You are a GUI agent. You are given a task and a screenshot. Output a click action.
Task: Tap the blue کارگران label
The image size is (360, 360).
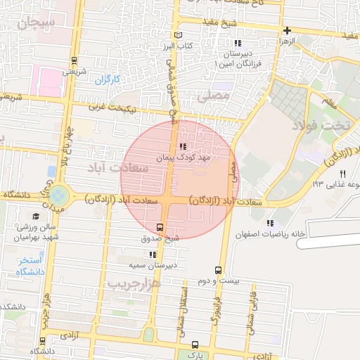tap(109, 79)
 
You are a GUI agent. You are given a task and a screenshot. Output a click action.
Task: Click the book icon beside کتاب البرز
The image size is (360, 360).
tap(178, 35)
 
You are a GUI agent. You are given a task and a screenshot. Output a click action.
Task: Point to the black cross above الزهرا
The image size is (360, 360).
tap(287, 30)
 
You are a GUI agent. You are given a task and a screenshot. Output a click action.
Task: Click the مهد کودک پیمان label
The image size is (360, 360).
tap(184, 157)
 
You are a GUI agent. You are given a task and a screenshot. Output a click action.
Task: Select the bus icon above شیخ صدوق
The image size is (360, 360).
tap(160, 227)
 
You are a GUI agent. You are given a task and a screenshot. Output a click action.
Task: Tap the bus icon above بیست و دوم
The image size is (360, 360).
tap(218, 270)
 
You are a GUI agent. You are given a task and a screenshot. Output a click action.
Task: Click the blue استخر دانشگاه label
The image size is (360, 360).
tap(29, 266)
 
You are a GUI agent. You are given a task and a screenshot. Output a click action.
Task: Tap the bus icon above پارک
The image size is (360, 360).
tap(195, 345)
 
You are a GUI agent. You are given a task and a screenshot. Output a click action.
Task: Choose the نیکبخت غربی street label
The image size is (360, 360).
tap(115, 108)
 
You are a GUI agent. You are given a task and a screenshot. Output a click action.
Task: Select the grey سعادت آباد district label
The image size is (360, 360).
tap(117, 169)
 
